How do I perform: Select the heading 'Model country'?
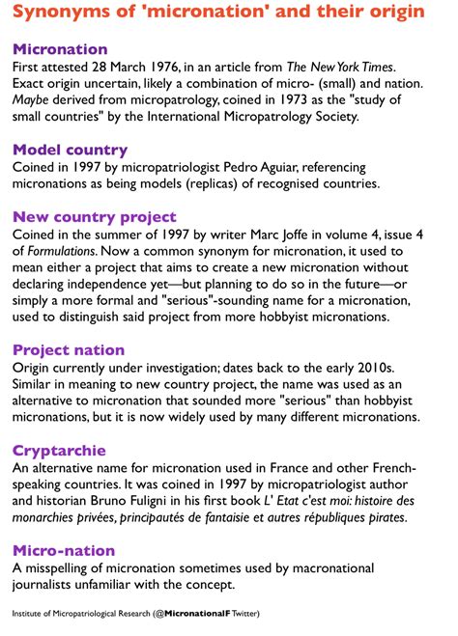(70, 150)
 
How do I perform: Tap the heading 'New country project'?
(95, 216)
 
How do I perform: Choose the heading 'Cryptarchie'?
(59, 451)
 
